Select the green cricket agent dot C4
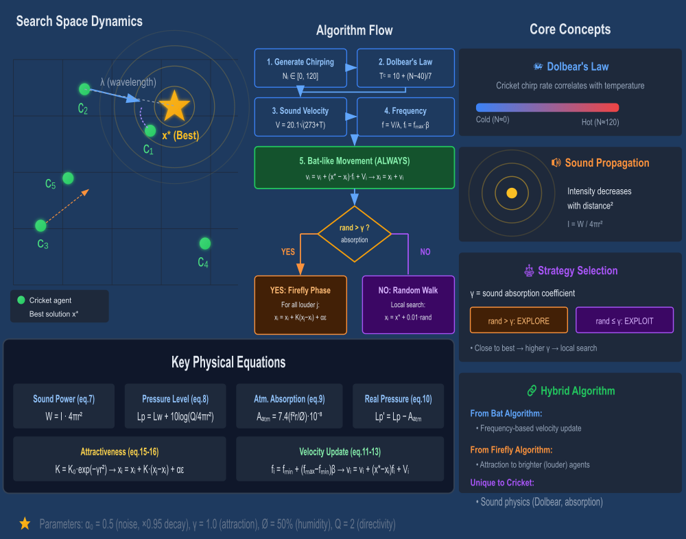(x=204, y=243)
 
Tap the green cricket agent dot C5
(x=68, y=178)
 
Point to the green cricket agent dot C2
(x=84, y=89)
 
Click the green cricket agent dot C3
(x=40, y=225)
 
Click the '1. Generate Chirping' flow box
(x=300, y=68)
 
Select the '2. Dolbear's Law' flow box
(x=405, y=68)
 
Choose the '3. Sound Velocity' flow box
(x=300, y=117)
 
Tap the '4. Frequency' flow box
(x=405, y=117)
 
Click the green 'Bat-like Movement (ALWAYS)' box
(x=354, y=167)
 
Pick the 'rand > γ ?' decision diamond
(x=354, y=234)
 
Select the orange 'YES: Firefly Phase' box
(x=301, y=304)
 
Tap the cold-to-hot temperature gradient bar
(x=547, y=108)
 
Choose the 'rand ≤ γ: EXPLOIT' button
(x=624, y=320)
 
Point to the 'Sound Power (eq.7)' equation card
(x=63, y=405)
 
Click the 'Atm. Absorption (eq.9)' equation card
(x=289, y=405)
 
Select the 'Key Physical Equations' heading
(x=228, y=362)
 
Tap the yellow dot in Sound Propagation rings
(x=511, y=193)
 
